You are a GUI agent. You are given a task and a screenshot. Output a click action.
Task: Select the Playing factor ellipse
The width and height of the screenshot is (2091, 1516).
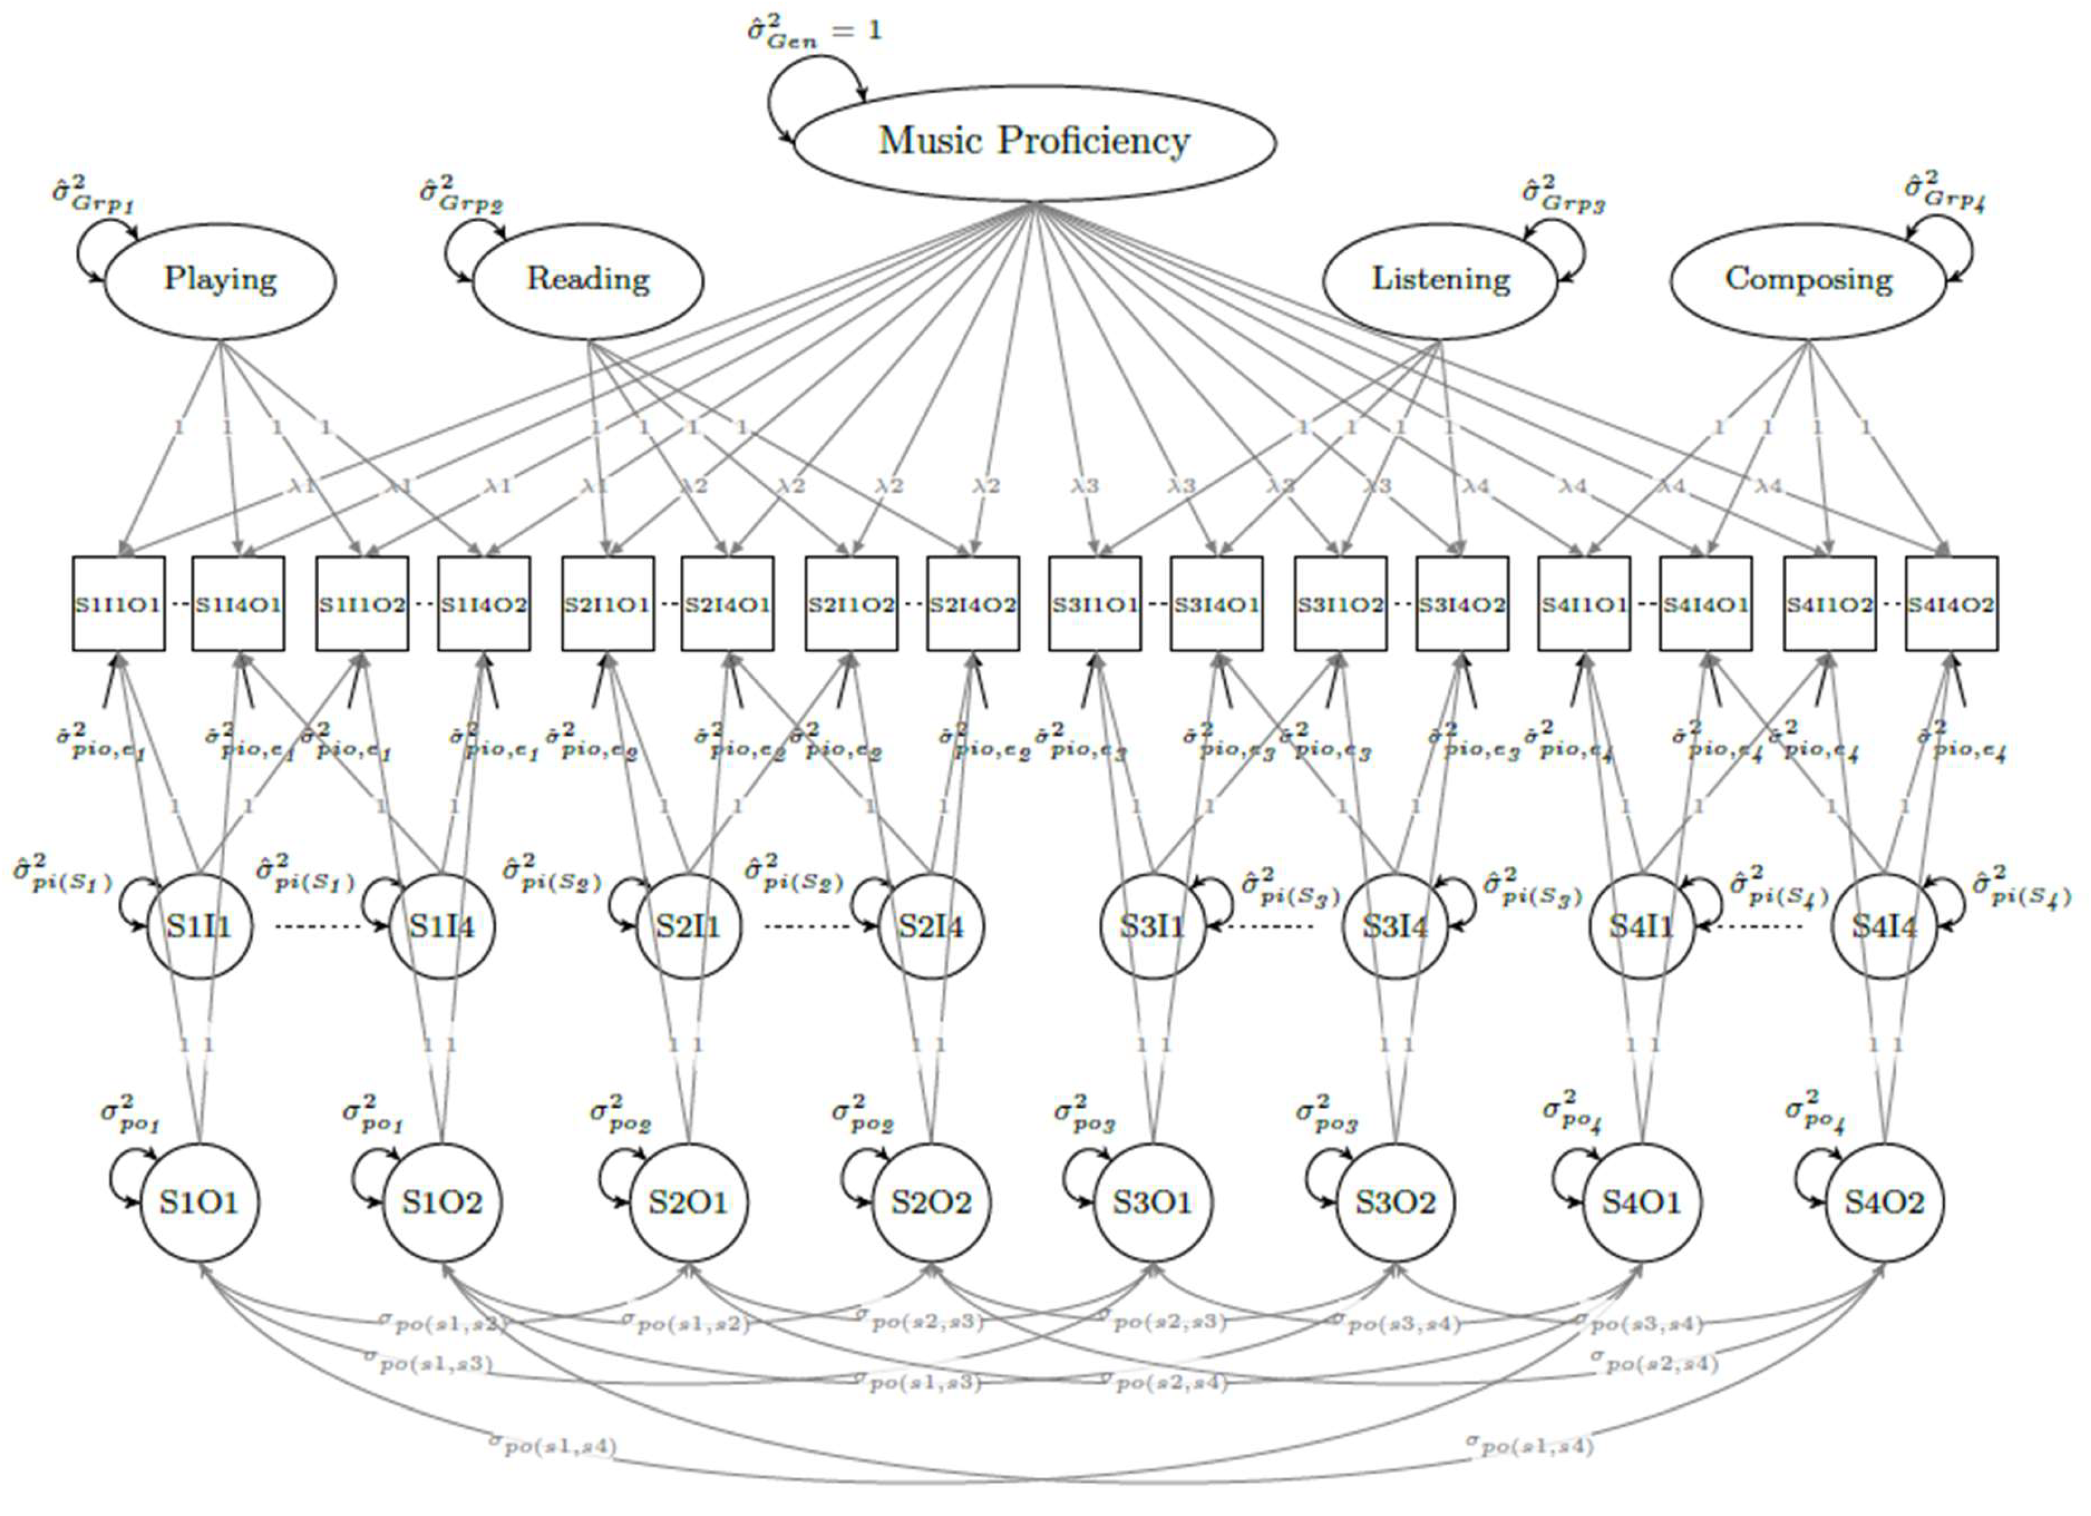(220, 279)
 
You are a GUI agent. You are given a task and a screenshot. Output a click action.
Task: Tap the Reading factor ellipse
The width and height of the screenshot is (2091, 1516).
(588, 279)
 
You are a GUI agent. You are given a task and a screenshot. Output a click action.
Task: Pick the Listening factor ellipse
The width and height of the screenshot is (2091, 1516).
(1440, 279)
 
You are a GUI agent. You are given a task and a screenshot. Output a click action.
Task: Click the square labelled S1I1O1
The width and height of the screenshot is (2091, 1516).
(119, 604)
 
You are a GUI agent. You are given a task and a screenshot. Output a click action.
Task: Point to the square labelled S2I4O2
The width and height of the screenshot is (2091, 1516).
(973, 604)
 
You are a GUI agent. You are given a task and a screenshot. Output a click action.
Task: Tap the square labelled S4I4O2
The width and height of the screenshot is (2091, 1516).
(1951, 604)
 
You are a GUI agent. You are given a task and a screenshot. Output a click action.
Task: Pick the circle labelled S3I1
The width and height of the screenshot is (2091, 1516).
(1152, 926)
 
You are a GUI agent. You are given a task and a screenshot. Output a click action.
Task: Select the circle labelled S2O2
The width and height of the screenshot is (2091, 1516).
(931, 1203)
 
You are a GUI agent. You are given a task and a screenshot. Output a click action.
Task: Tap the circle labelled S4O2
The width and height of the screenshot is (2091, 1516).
(1884, 1203)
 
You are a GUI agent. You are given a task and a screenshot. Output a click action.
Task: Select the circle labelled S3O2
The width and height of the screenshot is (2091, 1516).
(1395, 1203)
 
